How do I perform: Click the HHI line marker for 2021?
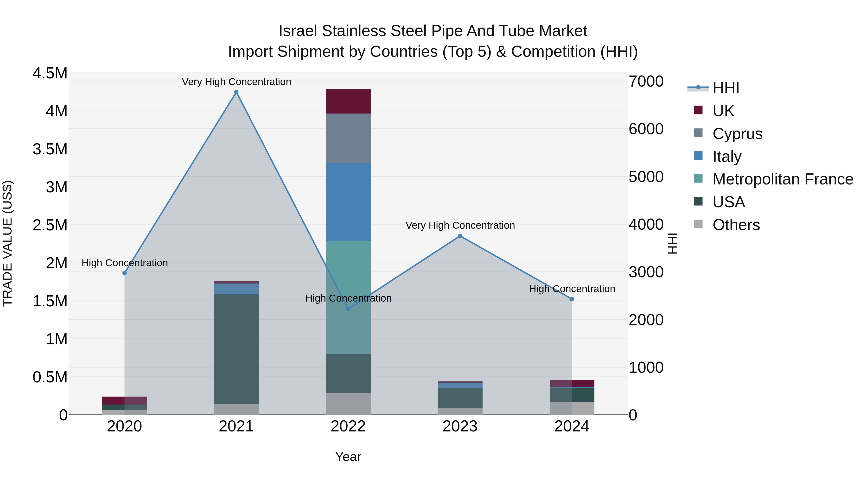(x=236, y=92)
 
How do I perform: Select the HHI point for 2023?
(x=460, y=236)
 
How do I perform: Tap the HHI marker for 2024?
(x=572, y=299)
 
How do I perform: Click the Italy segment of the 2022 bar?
(x=348, y=202)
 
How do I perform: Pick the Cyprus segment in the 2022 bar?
(x=348, y=138)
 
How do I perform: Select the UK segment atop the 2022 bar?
(x=348, y=101)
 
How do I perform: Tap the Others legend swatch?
(x=698, y=224)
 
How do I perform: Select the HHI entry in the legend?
(x=726, y=88)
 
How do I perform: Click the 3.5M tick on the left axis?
(x=50, y=149)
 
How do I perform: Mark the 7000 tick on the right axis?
(x=646, y=81)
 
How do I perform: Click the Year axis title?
(x=348, y=457)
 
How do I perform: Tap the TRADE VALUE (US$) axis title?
(x=7, y=243)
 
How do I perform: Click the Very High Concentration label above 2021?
(x=236, y=82)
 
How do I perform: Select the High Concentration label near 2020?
(x=125, y=263)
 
